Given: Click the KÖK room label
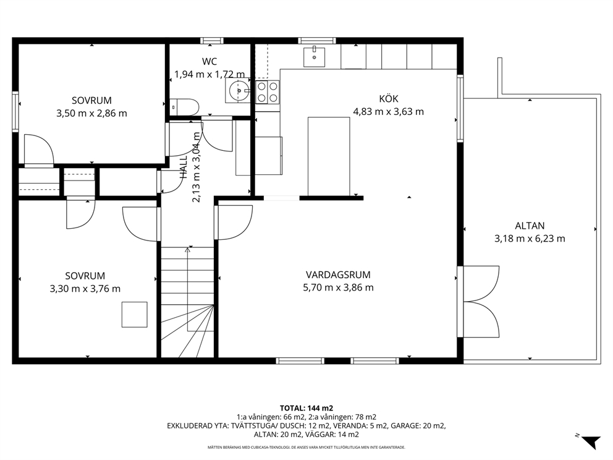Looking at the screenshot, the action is [389, 98].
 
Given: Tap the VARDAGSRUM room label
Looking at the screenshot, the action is [338, 275].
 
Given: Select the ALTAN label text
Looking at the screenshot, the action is [530, 226].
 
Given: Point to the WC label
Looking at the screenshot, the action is [209, 61].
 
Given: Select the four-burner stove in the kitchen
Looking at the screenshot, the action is [268, 92].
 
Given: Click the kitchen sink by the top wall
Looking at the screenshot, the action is [315, 57].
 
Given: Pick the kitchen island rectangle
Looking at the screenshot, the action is [329, 156].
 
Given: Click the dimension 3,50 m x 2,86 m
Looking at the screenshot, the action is [92, 113].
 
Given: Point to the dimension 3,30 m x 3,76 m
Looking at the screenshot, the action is [85, 289].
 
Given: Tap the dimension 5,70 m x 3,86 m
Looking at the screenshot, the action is [338, 287].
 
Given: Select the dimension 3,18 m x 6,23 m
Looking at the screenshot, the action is [530, 239].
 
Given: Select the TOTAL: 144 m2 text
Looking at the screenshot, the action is [306, 408].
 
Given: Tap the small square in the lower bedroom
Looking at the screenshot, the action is [135, 315].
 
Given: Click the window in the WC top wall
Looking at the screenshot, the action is [212, 40].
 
